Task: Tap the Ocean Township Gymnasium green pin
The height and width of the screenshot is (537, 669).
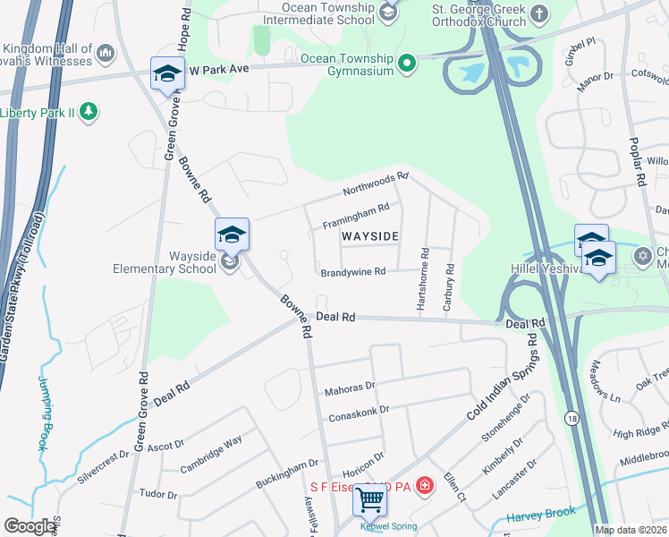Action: (x=407, y=63)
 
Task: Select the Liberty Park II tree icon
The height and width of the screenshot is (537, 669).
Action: (x=88, y=112)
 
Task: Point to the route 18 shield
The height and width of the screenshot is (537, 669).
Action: (x=571, y=417)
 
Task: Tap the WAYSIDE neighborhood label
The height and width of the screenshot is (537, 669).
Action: (x=369, y=235)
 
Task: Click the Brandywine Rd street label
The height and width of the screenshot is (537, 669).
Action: (x=353, y=271)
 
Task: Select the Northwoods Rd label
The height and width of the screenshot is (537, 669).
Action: (x=376, y=184)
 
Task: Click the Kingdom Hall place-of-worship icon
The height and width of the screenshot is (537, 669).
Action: (x=106, y=54)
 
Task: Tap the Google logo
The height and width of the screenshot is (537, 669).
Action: (x=30, y=526)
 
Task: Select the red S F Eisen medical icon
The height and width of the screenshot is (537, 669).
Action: (x=426, y=487)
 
